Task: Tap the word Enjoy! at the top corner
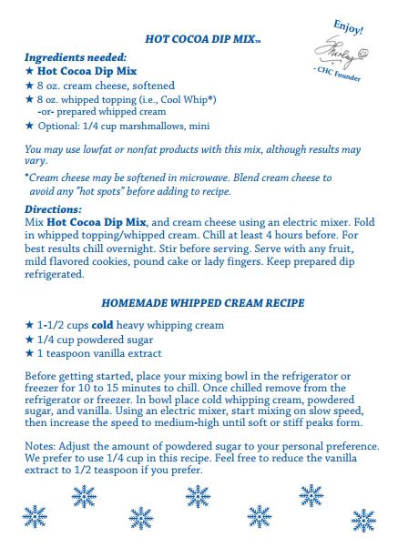(x=349, y=25)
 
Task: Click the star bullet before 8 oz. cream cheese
(x=29, y=84)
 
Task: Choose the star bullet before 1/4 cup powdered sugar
(x=29, y=340)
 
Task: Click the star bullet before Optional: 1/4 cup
(x=29, y=126)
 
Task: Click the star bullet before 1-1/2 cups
(x=29, y=325)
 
